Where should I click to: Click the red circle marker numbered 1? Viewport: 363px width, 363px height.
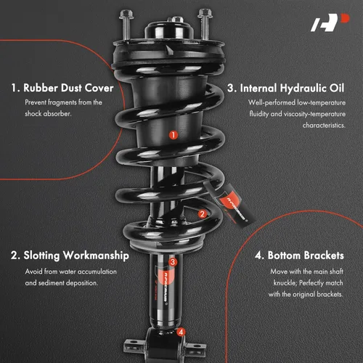pyautogui.click(x=174, y=135)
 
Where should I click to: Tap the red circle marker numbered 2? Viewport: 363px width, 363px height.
pyautogui.click(x=203, y=213)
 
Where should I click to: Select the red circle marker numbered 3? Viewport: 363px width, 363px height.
pyautogui.click(x=173, y=261)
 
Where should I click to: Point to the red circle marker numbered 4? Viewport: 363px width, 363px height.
pyautogui.click(x=181, y=332)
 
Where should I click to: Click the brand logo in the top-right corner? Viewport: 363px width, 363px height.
pyautogui.click(x=330, y=23)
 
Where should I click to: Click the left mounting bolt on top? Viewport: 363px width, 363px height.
pyautogui.click(x=126, y=24)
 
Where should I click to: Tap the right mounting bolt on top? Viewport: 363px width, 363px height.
pyautogui.click(x=205, y=24)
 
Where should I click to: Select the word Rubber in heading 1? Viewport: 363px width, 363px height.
pyautogui.click(x=40, y=88)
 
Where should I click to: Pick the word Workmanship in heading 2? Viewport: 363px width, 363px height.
pyautogui.click(x=96, y=256)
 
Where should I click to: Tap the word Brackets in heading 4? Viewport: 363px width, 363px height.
pyautogui.click(x=324, y=256)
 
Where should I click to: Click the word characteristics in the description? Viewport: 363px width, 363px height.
pyautogui.click(x=324, y=126)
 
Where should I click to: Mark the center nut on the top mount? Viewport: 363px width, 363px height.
pyautogui.click(x=177, y=20)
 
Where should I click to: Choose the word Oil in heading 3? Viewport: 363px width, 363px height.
pyautogui.click(x=337, y=88)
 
